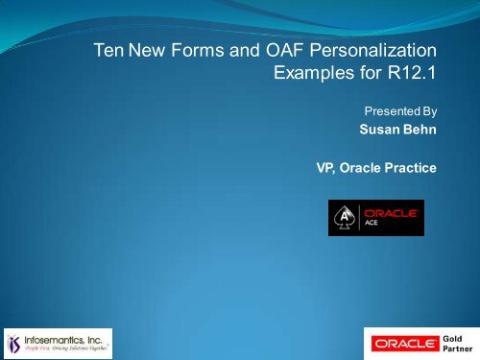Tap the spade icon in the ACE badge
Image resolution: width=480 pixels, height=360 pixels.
pyautogui.click(x=342, y=218)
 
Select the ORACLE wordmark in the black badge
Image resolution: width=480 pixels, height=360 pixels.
pyautogui.click(x=387, y=212)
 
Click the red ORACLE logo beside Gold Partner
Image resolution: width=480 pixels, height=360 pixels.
pyautogui.click(x=401, y=342)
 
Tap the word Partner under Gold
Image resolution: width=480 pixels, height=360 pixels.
pyautogui.click(x=455, y=349)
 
